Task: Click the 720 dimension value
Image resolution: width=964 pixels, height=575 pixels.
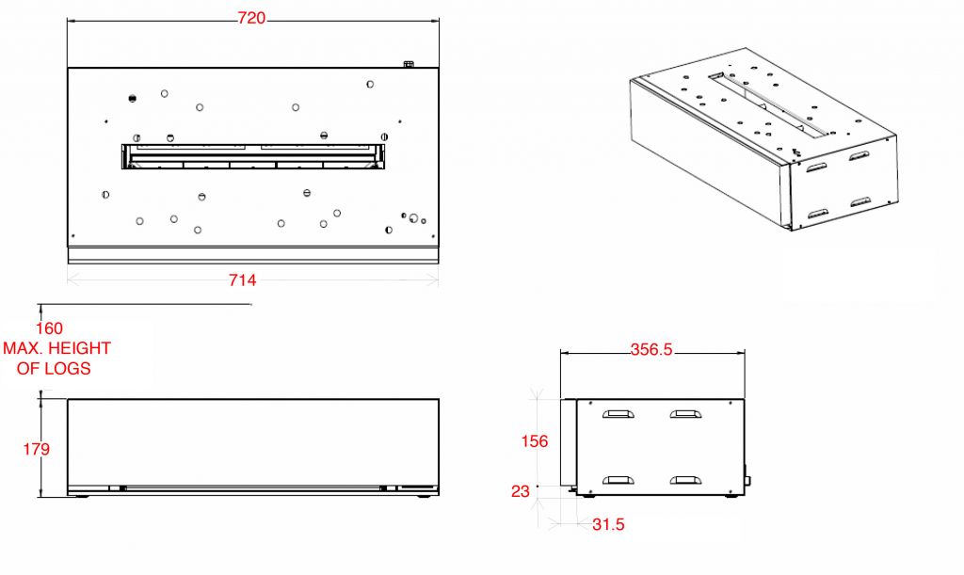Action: [251, 19]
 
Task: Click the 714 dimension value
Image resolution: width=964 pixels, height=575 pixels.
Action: [242, 280]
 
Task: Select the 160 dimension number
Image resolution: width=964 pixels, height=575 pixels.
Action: [49, 328]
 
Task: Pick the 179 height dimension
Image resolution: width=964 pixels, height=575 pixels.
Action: [37, 449]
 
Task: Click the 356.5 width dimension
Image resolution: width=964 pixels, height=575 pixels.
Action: [651, 349]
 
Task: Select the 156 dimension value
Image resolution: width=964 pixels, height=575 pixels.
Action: [535, 441]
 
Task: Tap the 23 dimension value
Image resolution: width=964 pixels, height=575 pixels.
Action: [520, 491]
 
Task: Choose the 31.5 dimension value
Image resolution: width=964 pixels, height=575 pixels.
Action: [609, 524]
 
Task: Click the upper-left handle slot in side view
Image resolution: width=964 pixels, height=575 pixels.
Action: [619, 414]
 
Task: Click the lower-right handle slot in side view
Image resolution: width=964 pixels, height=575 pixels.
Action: [686, 480]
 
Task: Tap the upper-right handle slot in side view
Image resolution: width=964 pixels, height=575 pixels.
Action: [686, 414]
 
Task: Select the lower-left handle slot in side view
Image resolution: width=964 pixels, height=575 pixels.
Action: [619, 480]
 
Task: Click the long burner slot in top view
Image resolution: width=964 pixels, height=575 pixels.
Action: [253, 156]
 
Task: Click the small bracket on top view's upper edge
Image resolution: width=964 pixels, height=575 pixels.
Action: [409, 64]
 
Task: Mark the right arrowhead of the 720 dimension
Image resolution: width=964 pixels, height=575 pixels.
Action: [434, 21]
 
